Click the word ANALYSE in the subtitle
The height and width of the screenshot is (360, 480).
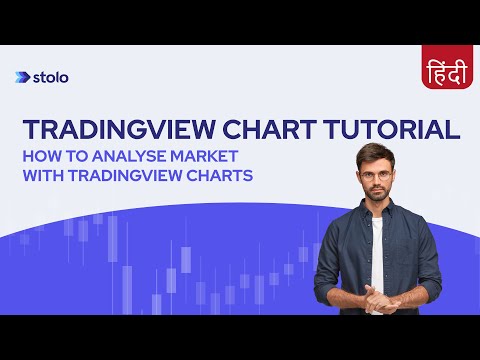(126, 156)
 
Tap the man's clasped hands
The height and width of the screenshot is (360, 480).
(380, 296)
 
